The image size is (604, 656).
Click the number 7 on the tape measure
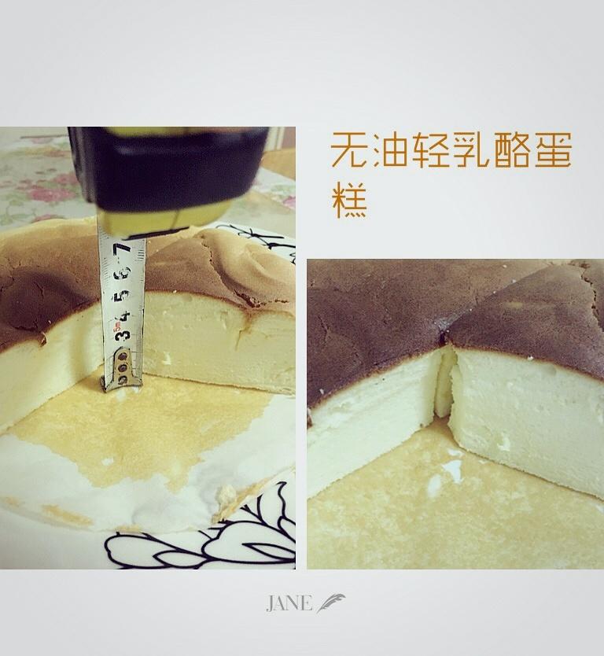[124, 251]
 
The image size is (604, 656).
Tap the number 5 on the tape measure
[122, 297]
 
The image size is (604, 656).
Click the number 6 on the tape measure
[123, 274]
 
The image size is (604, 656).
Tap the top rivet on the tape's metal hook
[122, 356]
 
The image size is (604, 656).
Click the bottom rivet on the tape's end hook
[122, 379]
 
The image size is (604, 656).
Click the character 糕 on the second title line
[349, 201]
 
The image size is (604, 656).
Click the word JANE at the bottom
[289, 603]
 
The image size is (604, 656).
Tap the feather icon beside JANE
[331, 603]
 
